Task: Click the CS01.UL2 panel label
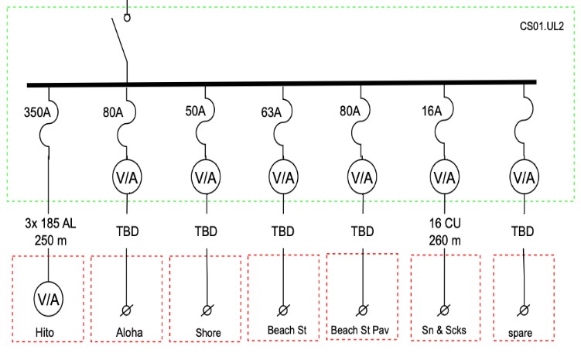pyautogui.click(x=542, y=26)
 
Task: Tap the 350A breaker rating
pyautogui.click(x=38, y=110)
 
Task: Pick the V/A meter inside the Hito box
pyautogui.click(x=48, y=297)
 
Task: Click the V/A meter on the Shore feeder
pyautogui.click(x=207, y=177)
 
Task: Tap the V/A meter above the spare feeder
pyautogui.click(x=524, y=177)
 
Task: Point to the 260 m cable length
pyautogui.click(x=444, y=240)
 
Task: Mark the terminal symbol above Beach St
pyautogui.click(x=283, y=310)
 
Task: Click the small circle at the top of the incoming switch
pyautogui.click(x=128, y=16)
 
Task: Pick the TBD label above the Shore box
pyautogui.click(x=206, y=231)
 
